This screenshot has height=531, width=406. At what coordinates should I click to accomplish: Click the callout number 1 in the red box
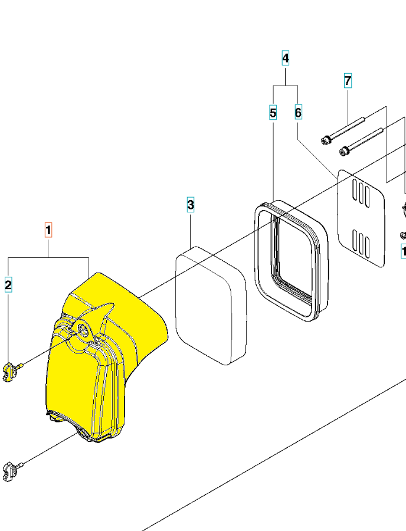(x=49, y=230)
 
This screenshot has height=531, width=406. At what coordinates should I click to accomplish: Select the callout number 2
(x=8, y=286)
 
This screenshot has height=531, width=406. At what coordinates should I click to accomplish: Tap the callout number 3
(x=191, y=205)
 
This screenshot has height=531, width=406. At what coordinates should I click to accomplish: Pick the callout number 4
(x=286, y=58)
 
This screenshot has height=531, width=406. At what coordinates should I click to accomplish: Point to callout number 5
(x=273, y=112)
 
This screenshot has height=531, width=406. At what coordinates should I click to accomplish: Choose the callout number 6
(x=298, y=112)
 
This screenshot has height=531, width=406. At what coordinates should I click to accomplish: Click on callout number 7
(x=348, y=80)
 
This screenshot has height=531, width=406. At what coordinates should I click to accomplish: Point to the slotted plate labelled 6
(x=360, y=218)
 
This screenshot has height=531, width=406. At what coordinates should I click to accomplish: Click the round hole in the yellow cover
(x=82, y=330)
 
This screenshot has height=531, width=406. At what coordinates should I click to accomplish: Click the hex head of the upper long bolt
(x=325, y=139)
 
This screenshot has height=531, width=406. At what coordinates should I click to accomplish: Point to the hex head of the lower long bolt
(x=343, y=153)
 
